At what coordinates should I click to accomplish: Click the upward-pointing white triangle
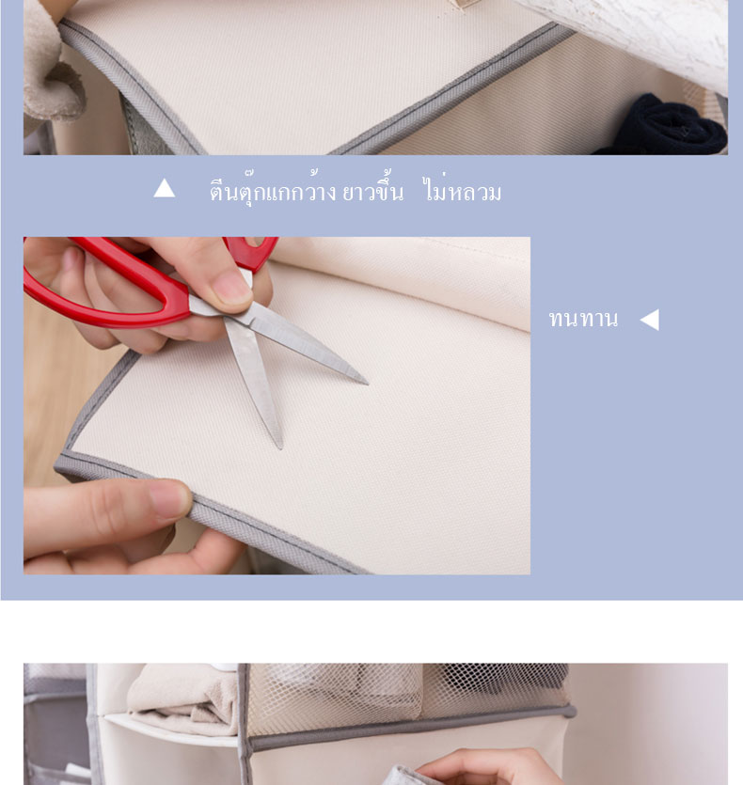pyautogui.click(x=165, y=189)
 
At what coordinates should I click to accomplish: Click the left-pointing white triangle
pyautogui.click(x=650, y=320)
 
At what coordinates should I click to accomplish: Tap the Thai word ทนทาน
pyautogui.click(x=583, y=319)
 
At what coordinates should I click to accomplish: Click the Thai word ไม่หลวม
pyautogui.click(x=462, y=190)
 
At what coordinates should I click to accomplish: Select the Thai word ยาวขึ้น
pyautogui.click(x=372, y=190)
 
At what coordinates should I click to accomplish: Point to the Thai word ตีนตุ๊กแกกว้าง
pyautogui.click(x=273, y=190)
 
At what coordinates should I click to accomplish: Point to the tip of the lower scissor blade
pyautogui.click(x=281, y=448)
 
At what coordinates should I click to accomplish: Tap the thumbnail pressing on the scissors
pyautogui.click(x=230, y=288)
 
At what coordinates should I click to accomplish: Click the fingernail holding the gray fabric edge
pyautogui.click(x=170, y=499)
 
